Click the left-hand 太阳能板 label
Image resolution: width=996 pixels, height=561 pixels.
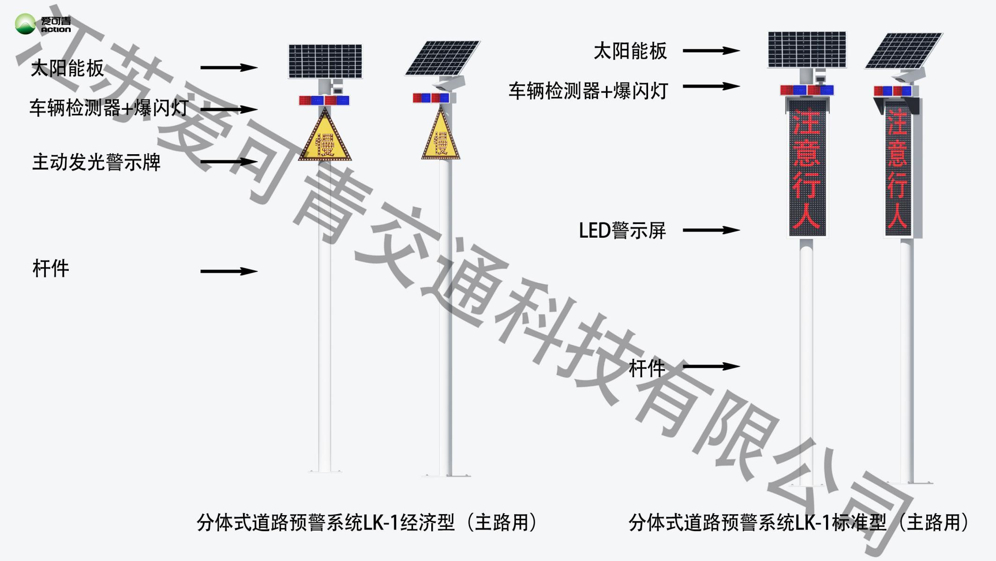click(67, 68)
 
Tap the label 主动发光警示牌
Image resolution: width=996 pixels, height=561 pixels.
click(96, 163)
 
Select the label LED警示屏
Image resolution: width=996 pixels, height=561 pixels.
click(622, 231)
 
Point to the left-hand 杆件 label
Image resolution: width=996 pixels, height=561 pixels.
click(51, 269)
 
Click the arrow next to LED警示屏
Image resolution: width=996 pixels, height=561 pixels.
click(711, 230)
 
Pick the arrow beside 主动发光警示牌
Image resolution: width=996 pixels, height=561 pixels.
click(229, 162)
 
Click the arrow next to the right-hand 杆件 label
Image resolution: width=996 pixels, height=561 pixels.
click(711, 367)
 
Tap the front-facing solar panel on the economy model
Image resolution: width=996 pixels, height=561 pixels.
click(325, 61)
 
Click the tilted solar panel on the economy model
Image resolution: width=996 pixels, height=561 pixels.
click(443, 58)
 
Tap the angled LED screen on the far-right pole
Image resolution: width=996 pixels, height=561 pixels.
click(898, 171)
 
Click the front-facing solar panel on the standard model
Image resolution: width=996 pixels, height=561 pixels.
click(807, 50)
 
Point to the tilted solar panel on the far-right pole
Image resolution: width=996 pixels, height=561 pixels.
click(903, 51)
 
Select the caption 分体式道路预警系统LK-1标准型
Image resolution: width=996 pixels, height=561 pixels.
click(799, 523)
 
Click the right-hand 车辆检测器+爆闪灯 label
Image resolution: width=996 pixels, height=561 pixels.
click(588, 91)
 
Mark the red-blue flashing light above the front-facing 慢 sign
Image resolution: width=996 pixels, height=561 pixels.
click(324, 100)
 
